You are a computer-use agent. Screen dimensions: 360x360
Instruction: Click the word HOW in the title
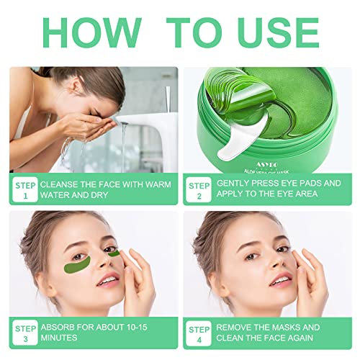click(92, 32)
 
